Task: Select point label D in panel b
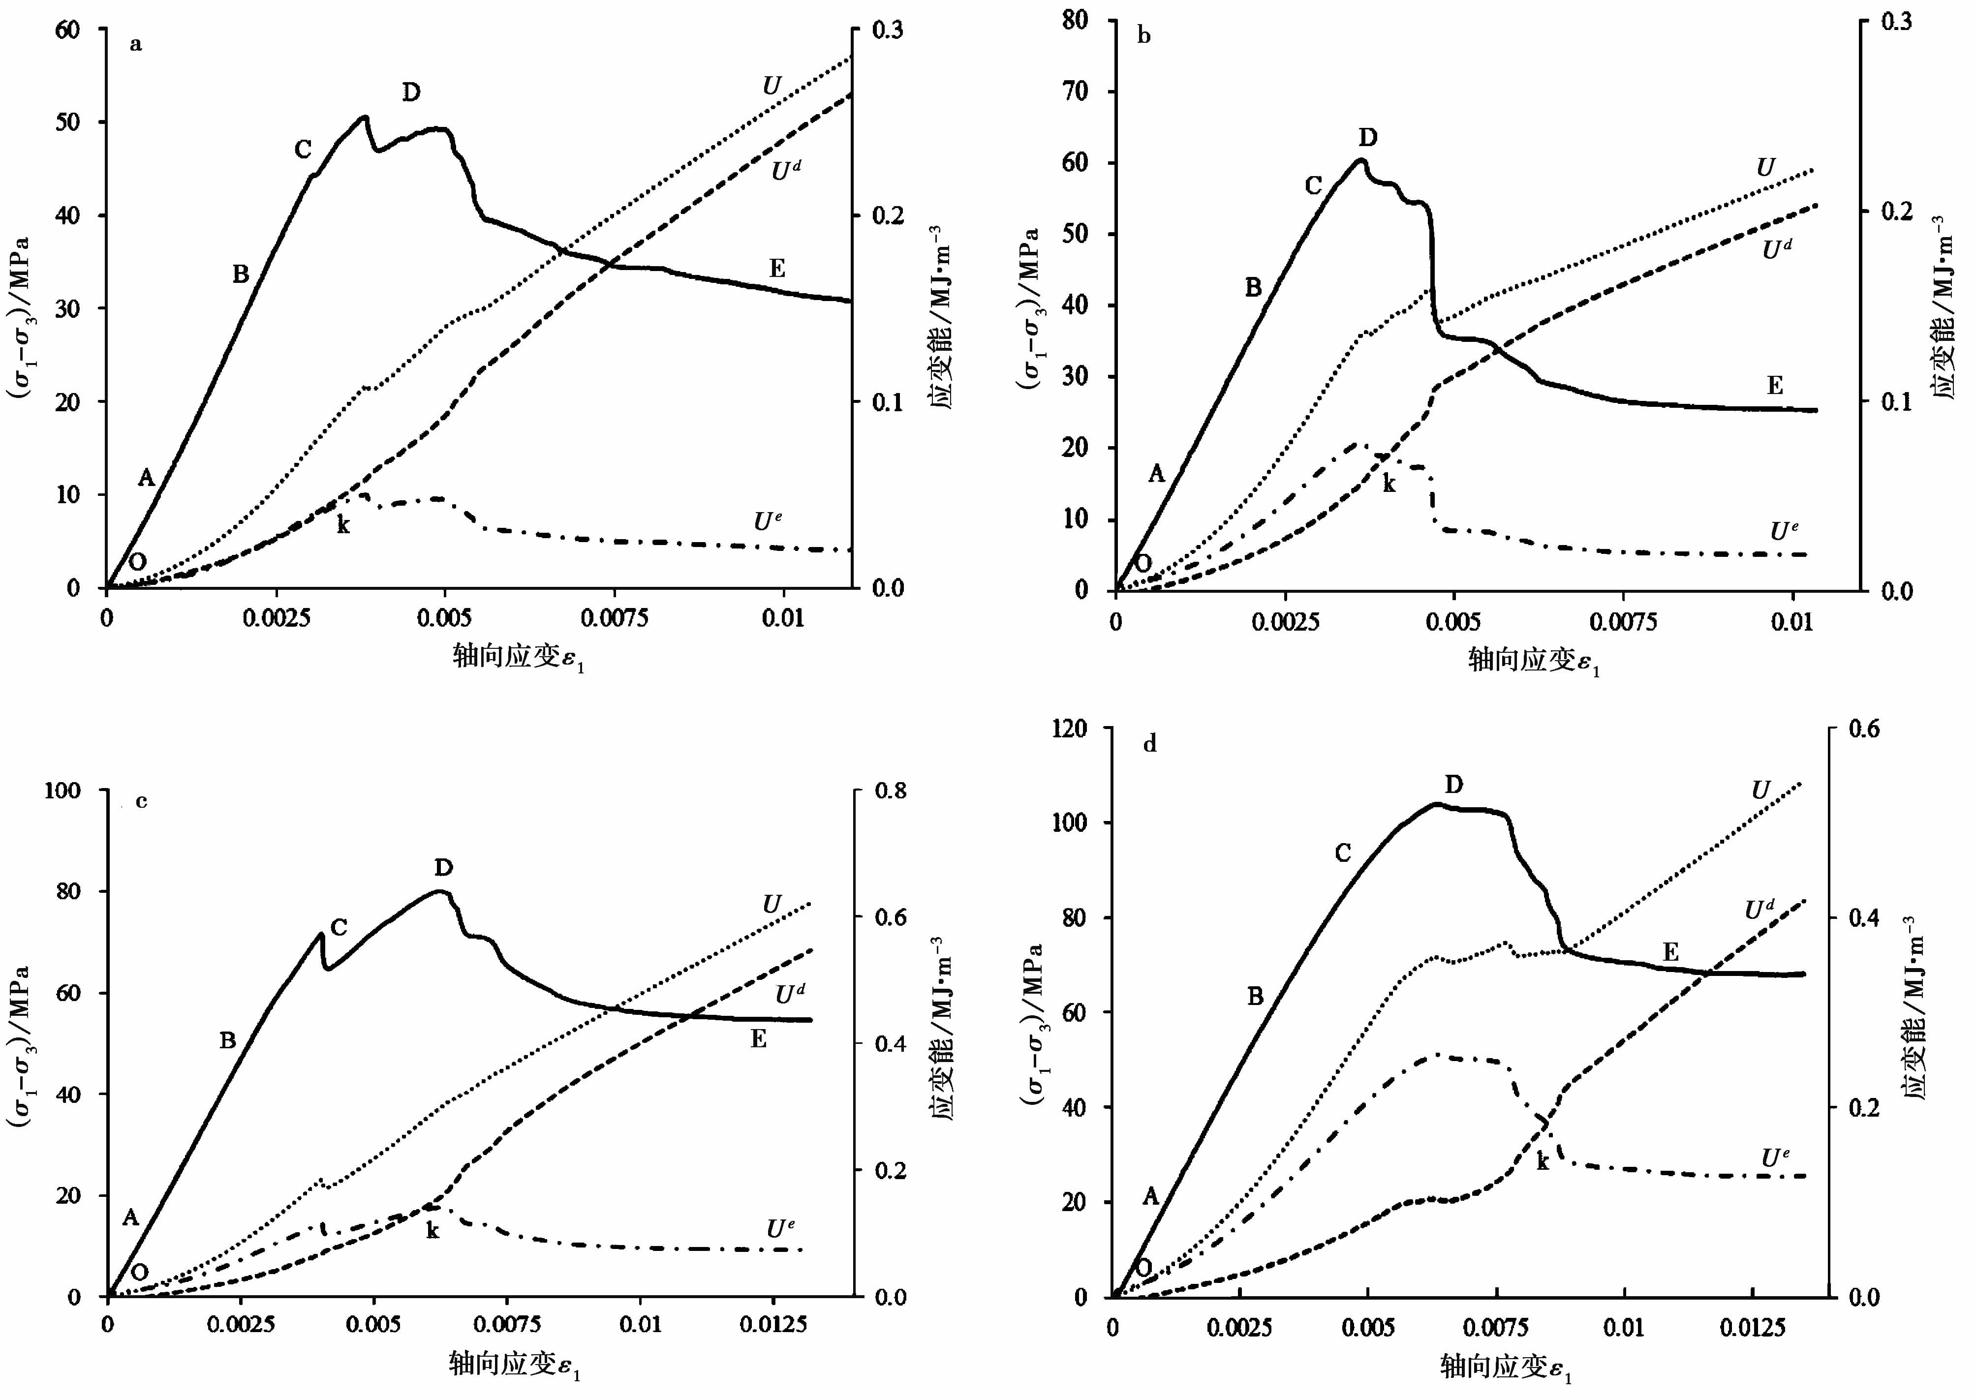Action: pos(1367,138)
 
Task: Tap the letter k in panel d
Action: pos(1543,1162)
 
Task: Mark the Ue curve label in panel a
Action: pos(768,521)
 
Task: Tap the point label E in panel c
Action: pos(758,1040)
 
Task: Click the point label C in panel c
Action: pos(339,928)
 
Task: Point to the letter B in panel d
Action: pos(1255,997)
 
